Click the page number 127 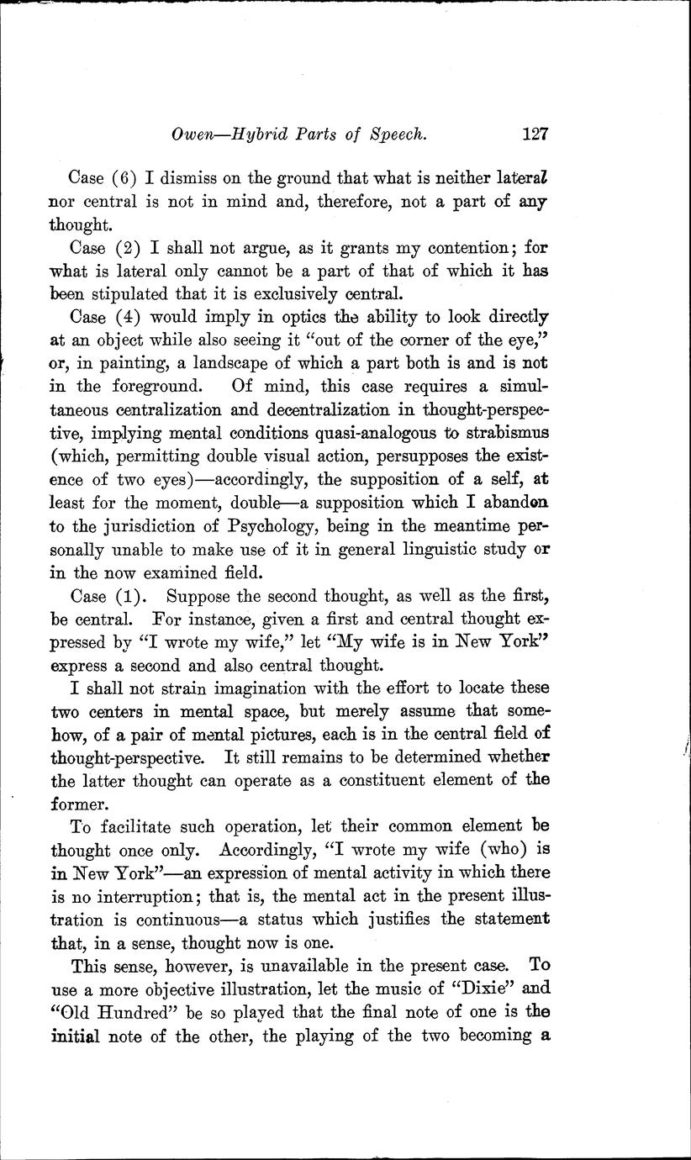pos(535,133)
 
